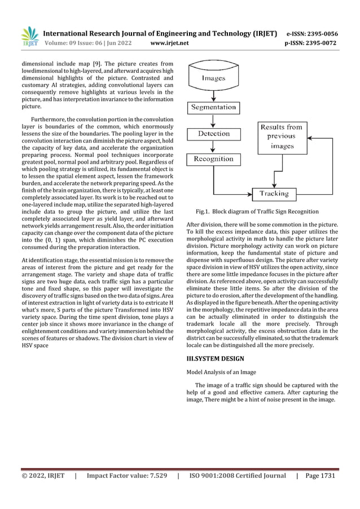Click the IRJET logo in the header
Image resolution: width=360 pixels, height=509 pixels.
29,37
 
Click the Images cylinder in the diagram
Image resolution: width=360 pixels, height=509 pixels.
213,78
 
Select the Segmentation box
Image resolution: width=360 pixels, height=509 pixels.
213,107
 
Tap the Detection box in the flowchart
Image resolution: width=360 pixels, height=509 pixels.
213,134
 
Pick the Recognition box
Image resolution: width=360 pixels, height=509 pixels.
213,159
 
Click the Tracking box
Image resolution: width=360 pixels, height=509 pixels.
274,194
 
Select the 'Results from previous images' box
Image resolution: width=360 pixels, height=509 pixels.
282,137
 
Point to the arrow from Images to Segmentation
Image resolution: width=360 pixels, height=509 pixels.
213,94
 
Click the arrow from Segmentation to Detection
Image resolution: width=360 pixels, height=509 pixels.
213,120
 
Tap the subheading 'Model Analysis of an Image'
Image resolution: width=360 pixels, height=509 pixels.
222,372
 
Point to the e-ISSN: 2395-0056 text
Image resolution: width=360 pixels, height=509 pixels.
312,33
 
